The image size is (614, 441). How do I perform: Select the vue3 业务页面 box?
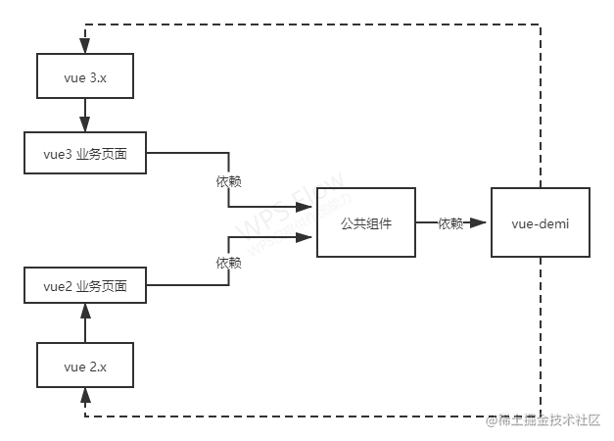[84, 154]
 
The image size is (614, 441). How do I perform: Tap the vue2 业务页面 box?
[84, 287]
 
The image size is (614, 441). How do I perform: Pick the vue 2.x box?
[84, 367]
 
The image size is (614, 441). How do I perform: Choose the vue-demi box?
[541, 224]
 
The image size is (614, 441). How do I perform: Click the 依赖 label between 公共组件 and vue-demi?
[450, 224]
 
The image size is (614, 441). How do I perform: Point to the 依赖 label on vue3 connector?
[229, 181]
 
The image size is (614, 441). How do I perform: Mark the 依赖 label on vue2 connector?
[229, 263]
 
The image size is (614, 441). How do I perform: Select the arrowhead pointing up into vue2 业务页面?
[85, 311]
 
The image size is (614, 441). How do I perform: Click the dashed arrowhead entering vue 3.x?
[85, 44]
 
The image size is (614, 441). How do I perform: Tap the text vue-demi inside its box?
[541, 224]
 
